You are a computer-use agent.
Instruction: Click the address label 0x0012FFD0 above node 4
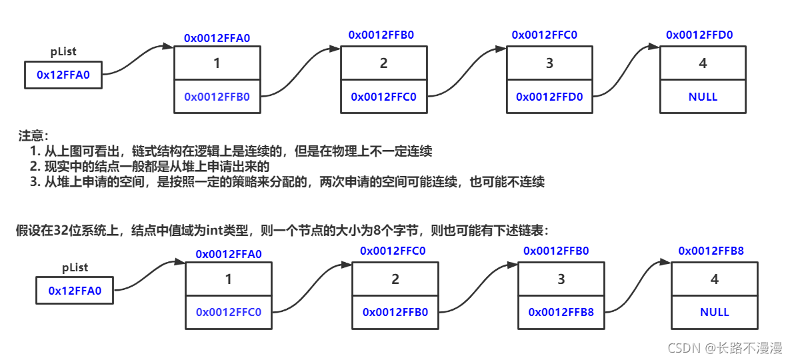click(699, 35)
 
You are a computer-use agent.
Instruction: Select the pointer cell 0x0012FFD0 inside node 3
click(549, 97)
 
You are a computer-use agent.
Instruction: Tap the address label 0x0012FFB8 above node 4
click(711, 251)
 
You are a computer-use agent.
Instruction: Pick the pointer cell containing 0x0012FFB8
click(561, 312)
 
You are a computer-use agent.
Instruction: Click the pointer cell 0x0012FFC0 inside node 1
click(229, 312)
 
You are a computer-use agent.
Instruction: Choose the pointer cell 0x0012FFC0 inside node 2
click(383, 97)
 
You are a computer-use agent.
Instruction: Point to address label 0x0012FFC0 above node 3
click(545, 35)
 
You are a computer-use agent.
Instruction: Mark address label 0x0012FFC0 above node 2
click(393, 251)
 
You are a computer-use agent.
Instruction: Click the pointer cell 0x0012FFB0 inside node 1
click(217, 97)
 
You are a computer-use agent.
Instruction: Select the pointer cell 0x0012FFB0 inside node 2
click(395, 312)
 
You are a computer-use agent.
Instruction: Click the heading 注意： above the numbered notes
click(34, 136)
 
